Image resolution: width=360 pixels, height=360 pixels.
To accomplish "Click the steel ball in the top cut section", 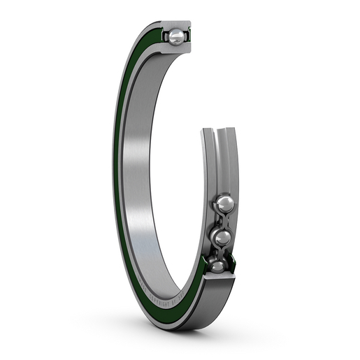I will pos(176,37).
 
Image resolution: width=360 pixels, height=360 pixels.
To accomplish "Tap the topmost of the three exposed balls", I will pos(224,204).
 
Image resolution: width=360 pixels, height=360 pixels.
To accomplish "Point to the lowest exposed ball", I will pos(217,266).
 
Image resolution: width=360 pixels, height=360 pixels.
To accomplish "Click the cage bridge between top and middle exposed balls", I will pos(223,222).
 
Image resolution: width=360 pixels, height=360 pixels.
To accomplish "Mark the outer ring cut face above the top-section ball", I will pos(178,24).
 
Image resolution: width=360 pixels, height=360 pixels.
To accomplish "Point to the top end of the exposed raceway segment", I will pos(217,133).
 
